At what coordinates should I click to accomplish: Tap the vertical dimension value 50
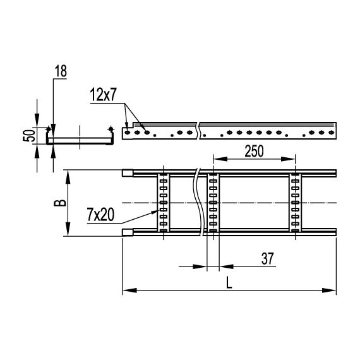(x=27, y=136)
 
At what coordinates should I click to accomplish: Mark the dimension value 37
(x=268, y=258)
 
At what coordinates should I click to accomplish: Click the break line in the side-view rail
(x=200, y=131)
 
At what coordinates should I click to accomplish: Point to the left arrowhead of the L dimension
(x=126, y=291)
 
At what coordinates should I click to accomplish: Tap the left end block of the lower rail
(x=127, y=234)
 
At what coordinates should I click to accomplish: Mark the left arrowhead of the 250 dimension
(x=217, y=158)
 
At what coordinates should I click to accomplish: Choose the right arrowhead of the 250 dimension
(x=291, y=158)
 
